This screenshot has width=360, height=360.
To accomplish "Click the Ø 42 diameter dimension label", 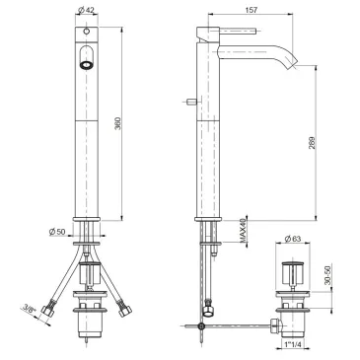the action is (x=87, y=10).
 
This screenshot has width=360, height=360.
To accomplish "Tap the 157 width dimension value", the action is (x=252, y=10).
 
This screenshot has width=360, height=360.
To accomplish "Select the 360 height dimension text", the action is (x=117, y=123).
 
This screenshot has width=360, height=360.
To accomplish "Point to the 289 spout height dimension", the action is (x=312, y=143).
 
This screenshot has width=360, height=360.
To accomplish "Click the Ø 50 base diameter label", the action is (x=57, y=232).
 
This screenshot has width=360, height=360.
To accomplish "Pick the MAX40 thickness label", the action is (x=244, y=232).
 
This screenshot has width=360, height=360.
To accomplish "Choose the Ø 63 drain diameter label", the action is (x=293, y=239).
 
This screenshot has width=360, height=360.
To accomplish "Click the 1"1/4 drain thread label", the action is (x=293, y=344).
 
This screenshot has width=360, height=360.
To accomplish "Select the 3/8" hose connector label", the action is (x=29, y=310).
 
